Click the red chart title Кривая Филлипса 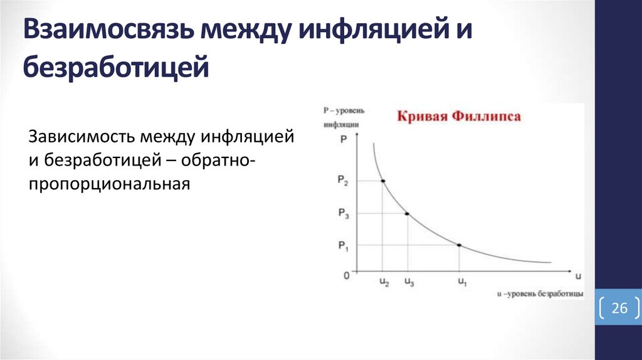(x=457, y=117)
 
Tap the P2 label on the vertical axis (x=342, y=181)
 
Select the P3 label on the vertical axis (x=342, y=214)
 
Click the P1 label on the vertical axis (x=342, y=245)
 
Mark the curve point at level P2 (x=383, y=181)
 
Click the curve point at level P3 (x=408, y=214)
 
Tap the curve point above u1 (x=460, y=245)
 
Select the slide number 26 (x=619, y=308)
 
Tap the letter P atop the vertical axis (x=343, y=140)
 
